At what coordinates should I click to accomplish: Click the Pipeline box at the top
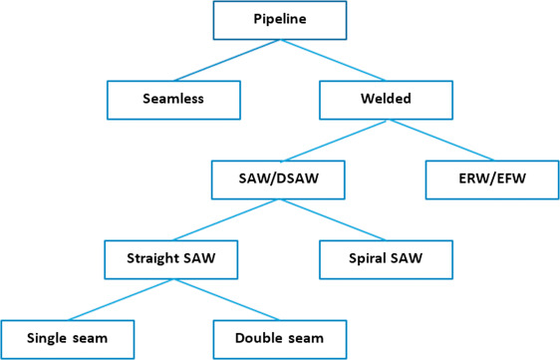coord(280,20)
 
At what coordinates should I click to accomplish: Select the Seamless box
coord(174,99)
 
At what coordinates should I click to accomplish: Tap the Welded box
coord(386,99)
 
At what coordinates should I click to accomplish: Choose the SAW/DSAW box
coord(279,180)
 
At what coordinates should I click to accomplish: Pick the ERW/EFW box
coord(491,180)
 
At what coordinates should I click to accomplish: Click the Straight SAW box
coord(173,258)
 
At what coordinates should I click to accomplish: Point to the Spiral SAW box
coord(386,258)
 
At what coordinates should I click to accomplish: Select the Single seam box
coord(68,339)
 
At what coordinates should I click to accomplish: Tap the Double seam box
coord(279,339)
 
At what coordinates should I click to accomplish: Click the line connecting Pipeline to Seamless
coord(227,60)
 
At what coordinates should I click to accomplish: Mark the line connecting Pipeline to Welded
coord(333,60)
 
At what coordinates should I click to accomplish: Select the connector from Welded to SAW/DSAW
coord(333,140)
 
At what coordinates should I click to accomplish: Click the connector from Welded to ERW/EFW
coord(438,140)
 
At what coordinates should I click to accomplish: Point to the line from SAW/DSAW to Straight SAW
coord(226,219)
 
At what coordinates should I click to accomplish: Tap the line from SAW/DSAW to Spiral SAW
coord(333,219)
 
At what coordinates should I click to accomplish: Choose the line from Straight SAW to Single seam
coord(121,299)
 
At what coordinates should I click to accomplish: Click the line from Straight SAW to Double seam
coord(226,299)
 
